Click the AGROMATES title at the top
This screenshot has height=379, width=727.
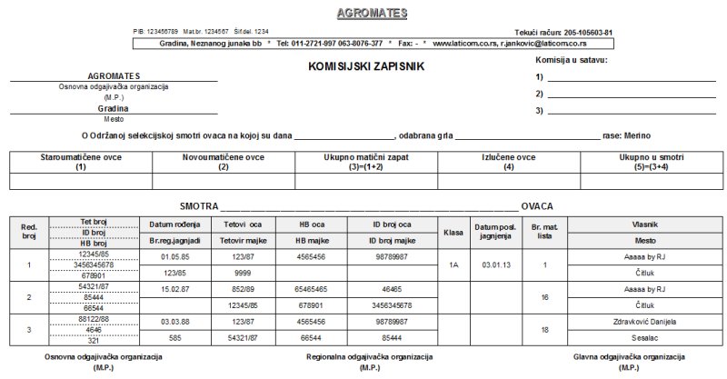[x=372, y=14]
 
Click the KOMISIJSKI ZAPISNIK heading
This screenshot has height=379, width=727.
[x=366, y=66]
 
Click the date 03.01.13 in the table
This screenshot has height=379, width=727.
[x=495, y=264]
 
